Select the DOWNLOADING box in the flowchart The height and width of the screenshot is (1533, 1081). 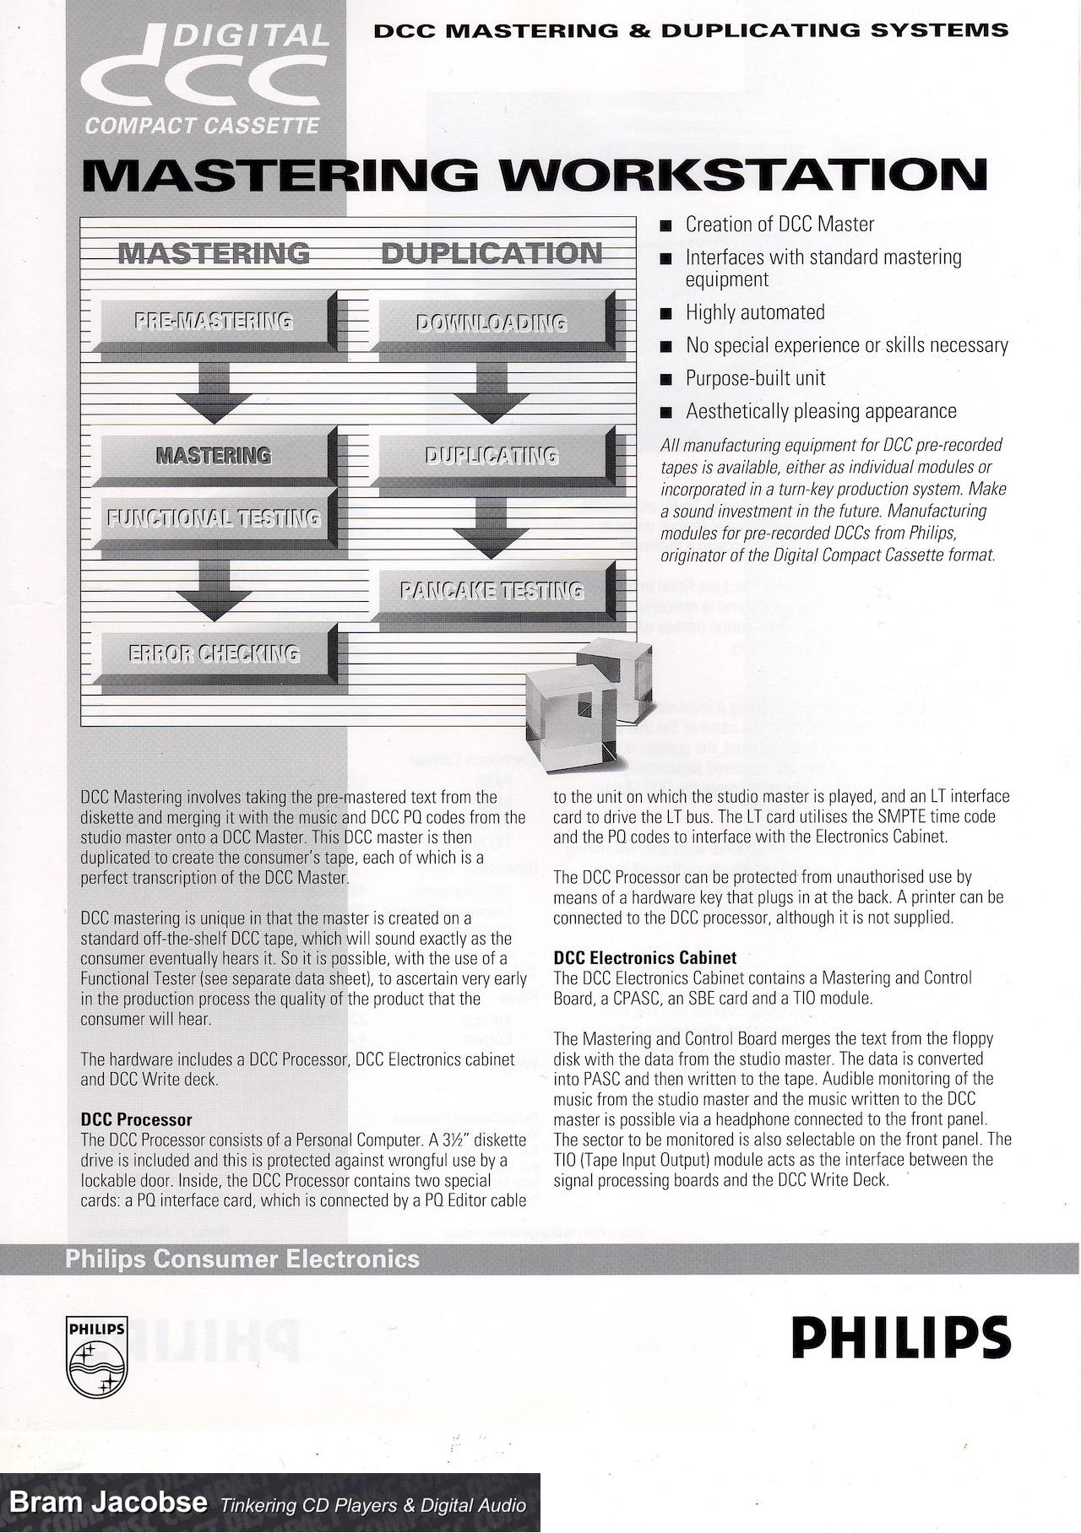point(492,322)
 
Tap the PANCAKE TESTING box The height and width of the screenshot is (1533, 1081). point(492,590)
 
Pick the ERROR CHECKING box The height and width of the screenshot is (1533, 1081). point(215,653)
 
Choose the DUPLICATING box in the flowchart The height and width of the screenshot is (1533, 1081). point(492,456)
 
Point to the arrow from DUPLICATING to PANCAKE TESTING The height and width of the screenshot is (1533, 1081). point(492,528)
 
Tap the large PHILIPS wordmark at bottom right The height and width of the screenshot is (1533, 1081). point(900,1338)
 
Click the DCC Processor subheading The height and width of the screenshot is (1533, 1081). point(137,1119)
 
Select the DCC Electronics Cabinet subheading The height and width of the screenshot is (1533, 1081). point(644,958)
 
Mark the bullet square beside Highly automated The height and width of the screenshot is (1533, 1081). point(667,314)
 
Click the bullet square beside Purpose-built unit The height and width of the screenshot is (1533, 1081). point(667,380)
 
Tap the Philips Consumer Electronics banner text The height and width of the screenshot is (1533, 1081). point(242,1259)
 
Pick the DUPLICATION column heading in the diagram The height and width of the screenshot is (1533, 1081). point(492,253)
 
